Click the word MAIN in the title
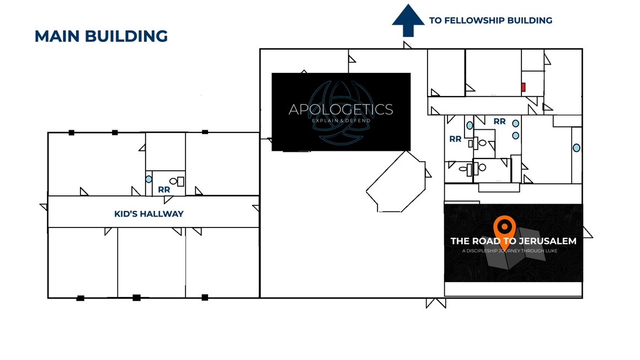[x=57, y=36]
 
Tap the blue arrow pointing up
[x=408, y=20]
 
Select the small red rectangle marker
[x=523, y=87]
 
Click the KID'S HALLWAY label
[x=148, y=214]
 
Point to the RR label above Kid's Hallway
[x=164, y=189]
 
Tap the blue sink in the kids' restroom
[x=148, y=179]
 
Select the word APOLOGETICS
[x=341, y=109]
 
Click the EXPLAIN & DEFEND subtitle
[x=341, y=120]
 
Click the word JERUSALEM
[x=548, y=241]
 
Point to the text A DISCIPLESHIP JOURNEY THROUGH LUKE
[x=509, y=251]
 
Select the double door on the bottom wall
[x=436, y=303]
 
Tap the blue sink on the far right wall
[x=577, y=148]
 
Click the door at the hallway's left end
[x=44, y=207]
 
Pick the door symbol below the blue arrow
[x=407, y=45]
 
